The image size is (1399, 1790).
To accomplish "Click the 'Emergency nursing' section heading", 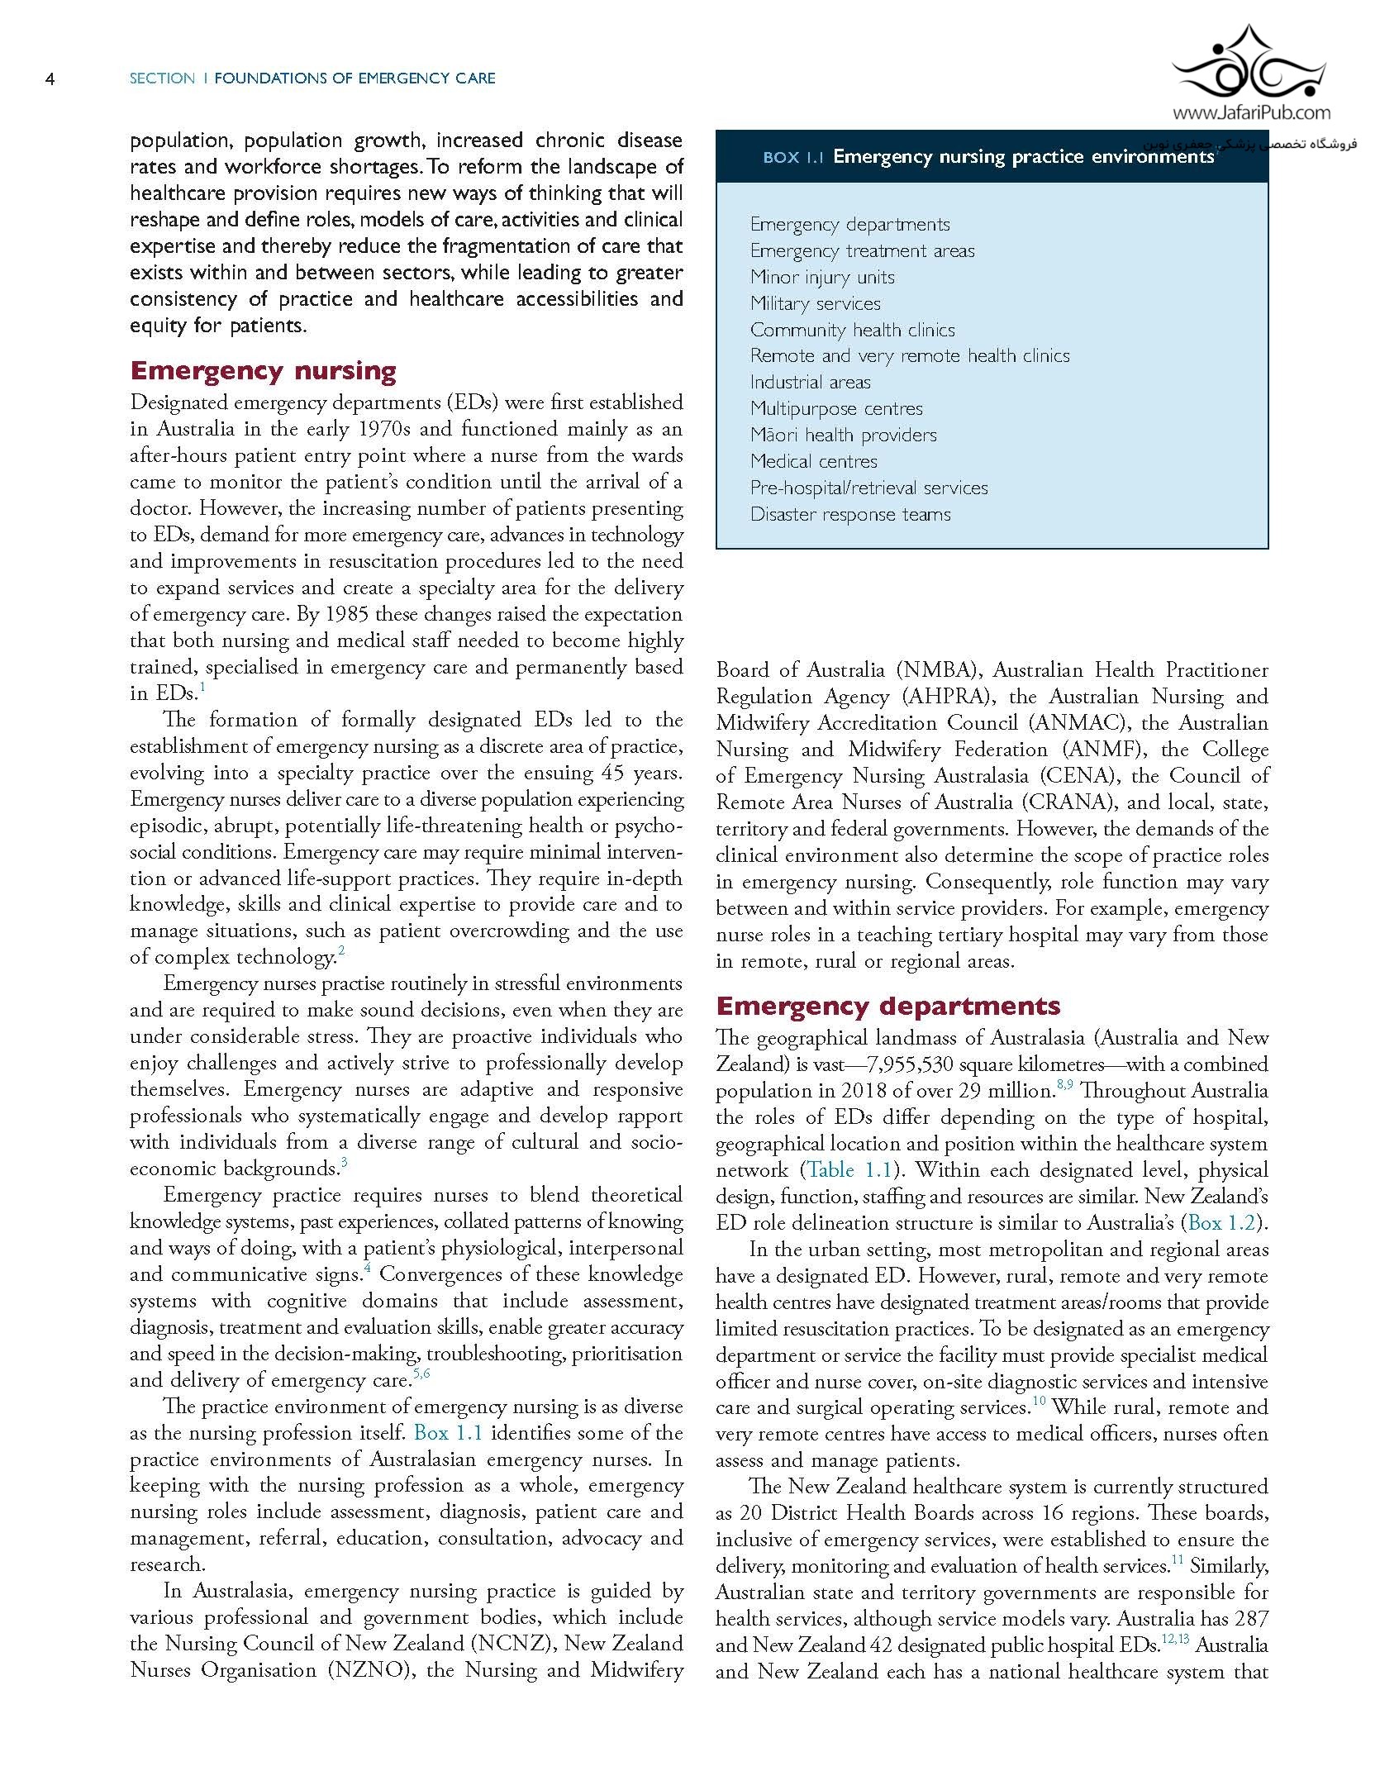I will pyautogui.click(x=263, y=370).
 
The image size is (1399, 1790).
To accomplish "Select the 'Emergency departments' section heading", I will pyautogui.click(x=887, y=1006).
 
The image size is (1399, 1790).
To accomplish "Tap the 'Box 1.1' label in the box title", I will pyautogui.click(x=793, y=157).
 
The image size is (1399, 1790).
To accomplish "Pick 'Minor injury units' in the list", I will pyautogui.click(x=821, y=277).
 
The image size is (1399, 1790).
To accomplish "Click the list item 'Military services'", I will pyautogui.click(x=815, y=303).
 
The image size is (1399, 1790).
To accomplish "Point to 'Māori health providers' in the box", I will pyautogui.click(x=843, y=435).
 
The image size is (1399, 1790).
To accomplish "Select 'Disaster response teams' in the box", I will pyautogui.click(x=849, y=514).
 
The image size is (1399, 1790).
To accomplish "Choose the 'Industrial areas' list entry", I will pyautogui.click(x=810, y=382).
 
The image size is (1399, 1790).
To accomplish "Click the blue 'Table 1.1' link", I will pyautogui.click(x=850, y=1170).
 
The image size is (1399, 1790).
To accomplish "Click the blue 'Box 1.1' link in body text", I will pyautogui.click(x=448, y=1433).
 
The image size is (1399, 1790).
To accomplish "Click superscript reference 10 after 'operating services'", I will pyautogui.click(x=1039, y=1401).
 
